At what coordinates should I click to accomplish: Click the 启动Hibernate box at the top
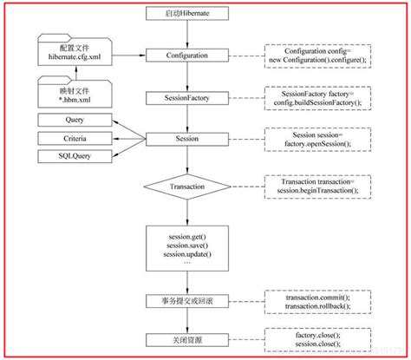pyautogui.click(x=187, y=15)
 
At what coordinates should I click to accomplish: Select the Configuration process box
pyautogui.click(x=187, y=56)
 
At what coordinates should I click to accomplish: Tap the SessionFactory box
pyautogui.click(x=187, y=99)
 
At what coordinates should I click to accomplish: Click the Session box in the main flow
pyautogui.click(x=187, y=137)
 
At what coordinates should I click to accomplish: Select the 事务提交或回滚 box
pyautogui.click(x=187, y=300)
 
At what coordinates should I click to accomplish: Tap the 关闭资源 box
pyautogui.click(x=187, y=337)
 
